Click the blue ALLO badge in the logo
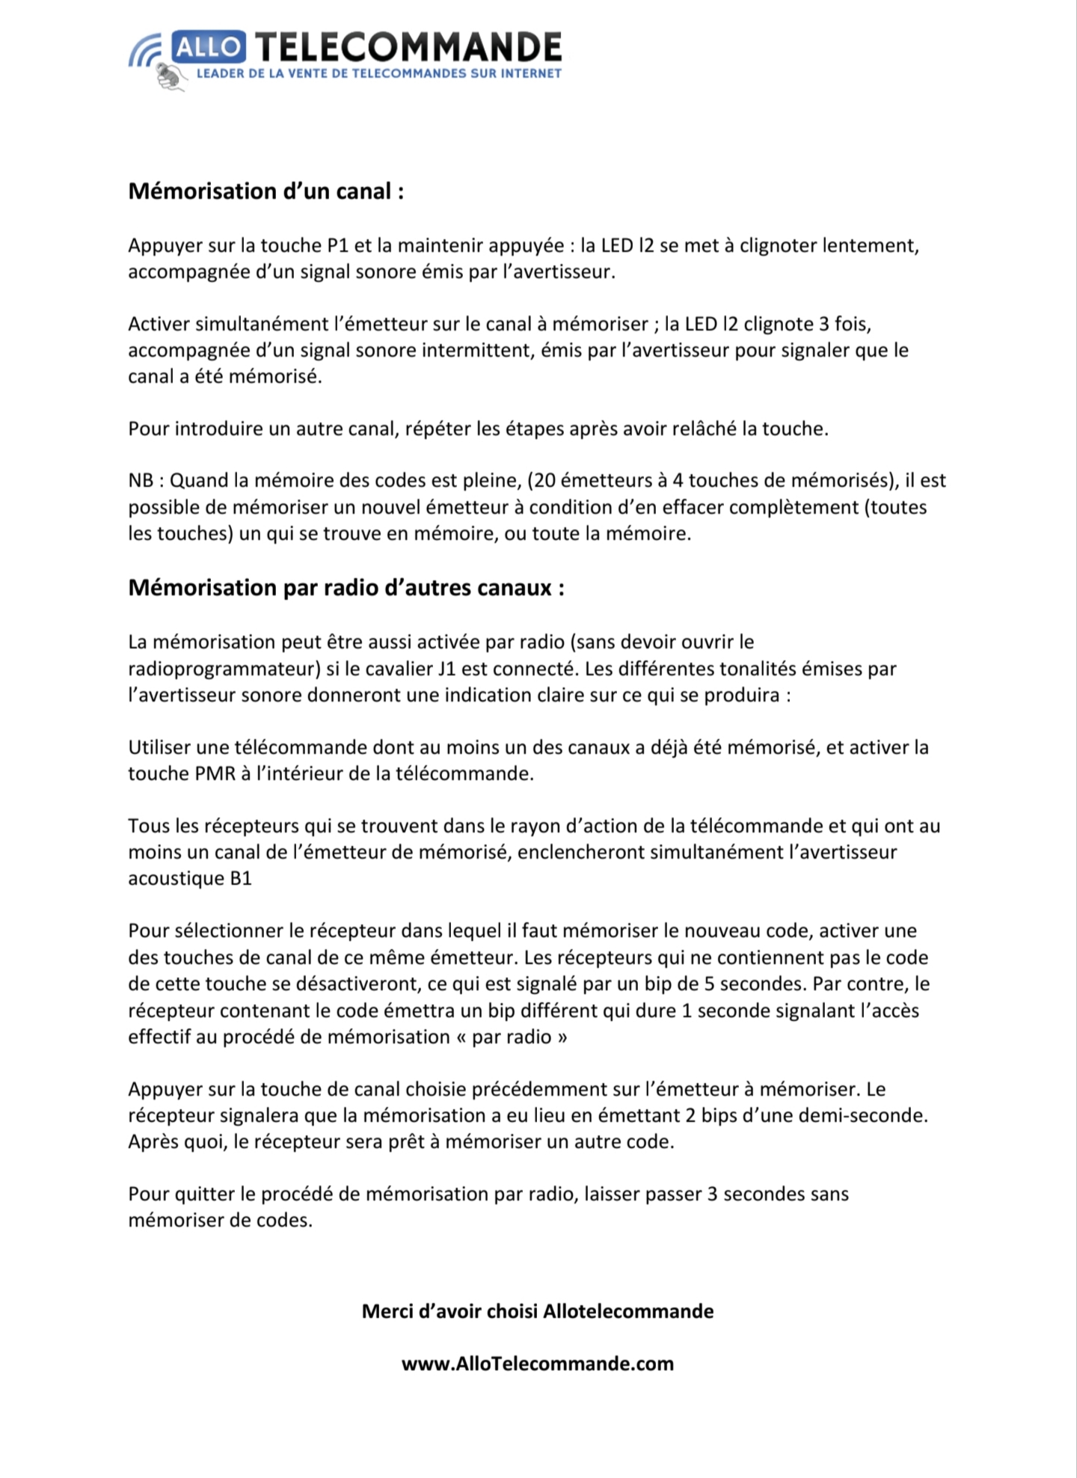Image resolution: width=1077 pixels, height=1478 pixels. [208, 47]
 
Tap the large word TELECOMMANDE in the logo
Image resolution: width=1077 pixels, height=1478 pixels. [408, 47]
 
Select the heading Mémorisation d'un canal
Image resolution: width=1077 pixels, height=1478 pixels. [266, 191]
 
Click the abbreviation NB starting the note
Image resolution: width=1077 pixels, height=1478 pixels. [141, 480]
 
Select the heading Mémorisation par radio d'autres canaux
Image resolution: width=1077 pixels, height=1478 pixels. [346, 588]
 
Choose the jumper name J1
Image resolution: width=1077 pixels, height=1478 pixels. [448, 669]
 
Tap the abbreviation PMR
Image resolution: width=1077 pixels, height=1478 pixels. [215, 773]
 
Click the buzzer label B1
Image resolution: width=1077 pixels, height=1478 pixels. [241, 878]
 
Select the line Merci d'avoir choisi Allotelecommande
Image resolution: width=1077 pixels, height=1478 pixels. [538, 1311]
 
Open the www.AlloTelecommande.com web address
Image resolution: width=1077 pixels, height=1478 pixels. [538, 1364]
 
